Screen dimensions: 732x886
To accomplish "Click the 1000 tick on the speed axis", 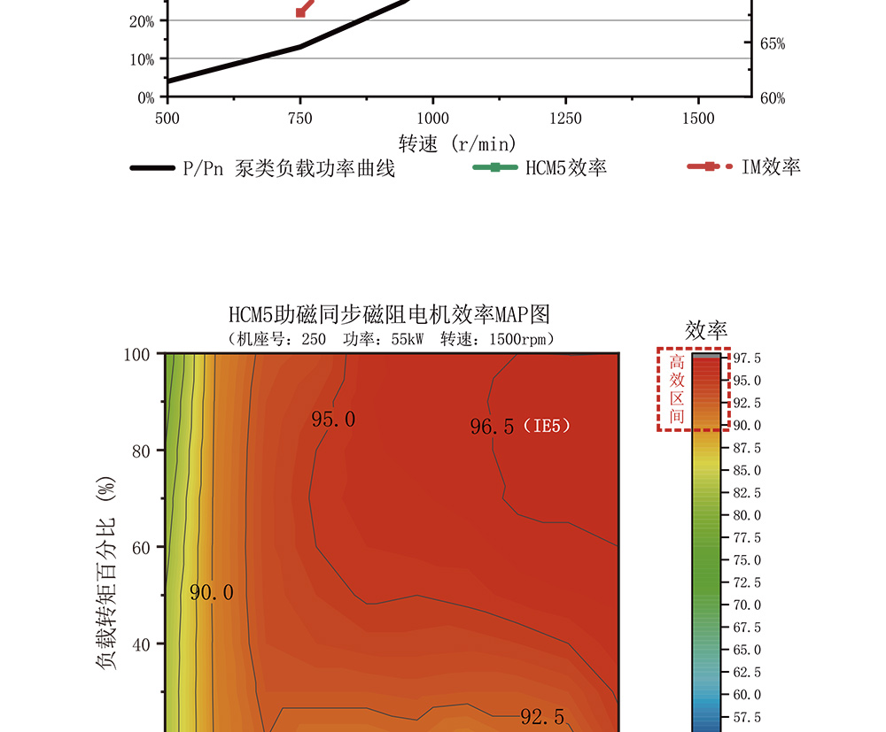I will point(432,119).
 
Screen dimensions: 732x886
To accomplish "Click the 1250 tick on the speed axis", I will point(565,119).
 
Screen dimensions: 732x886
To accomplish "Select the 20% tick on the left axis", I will point(142,20).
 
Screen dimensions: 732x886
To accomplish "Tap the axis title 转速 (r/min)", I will point(457,143).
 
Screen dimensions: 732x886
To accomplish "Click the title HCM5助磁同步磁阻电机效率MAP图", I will point(390,314).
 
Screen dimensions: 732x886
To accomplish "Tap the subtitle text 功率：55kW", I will point(382,339).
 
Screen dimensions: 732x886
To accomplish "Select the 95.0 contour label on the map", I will point(333,420).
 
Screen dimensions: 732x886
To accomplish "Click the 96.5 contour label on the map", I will point(492,428).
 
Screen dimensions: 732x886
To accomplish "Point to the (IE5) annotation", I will point(546,427).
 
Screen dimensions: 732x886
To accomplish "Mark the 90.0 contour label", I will point(212,593).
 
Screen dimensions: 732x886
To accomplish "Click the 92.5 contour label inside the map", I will point(542,717).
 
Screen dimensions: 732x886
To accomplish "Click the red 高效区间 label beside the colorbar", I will point(677,389).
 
